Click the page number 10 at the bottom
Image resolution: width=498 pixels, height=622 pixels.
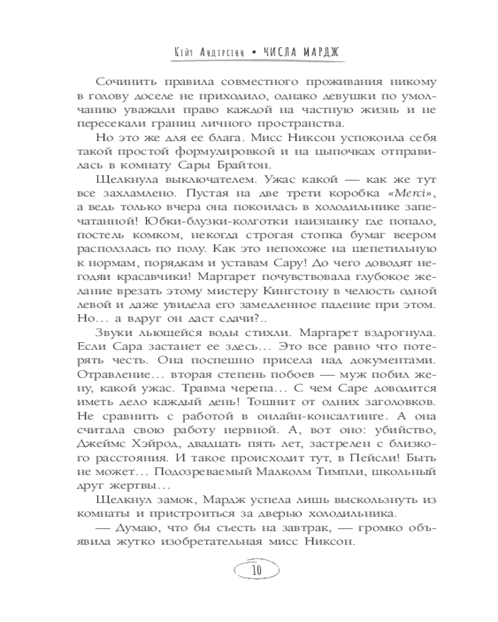click(x=249, y=570)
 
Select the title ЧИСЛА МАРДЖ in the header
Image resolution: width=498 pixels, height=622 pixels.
click(x=301, y=53)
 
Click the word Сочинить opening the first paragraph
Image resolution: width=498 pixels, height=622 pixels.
click(x=125, y=82)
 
